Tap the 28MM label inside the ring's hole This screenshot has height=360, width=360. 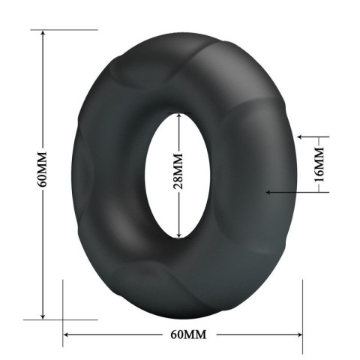coord(178,175)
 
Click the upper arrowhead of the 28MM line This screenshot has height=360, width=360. coord(178,117)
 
